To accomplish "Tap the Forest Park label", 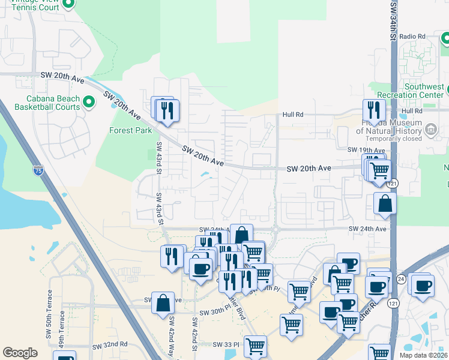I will pos(130,130).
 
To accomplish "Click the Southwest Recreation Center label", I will pos(411,91).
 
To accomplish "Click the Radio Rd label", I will pos(412,37).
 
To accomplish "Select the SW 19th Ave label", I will pos(366,149).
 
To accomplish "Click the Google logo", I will pos(20,353).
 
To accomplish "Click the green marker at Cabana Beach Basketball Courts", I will pos(89,102).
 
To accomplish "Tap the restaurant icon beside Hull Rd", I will pos(373,110).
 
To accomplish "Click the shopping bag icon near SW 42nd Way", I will pos(163,303).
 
